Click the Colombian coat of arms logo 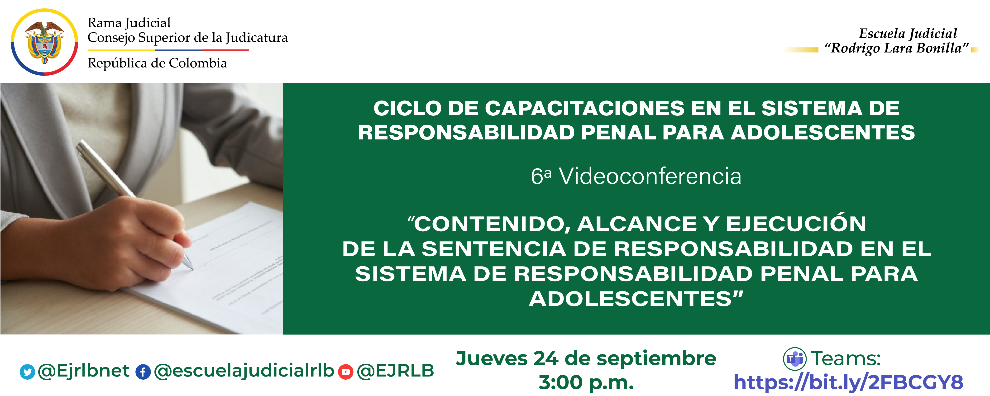(x=44, y=42)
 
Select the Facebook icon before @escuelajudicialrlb (x=143, y=372)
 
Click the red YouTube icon (x=345, y=372)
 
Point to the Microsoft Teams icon (x=794, y=359)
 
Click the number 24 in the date (x=546, y=359)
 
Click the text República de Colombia (x=157, y=63)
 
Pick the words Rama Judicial (x=129, y=23)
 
